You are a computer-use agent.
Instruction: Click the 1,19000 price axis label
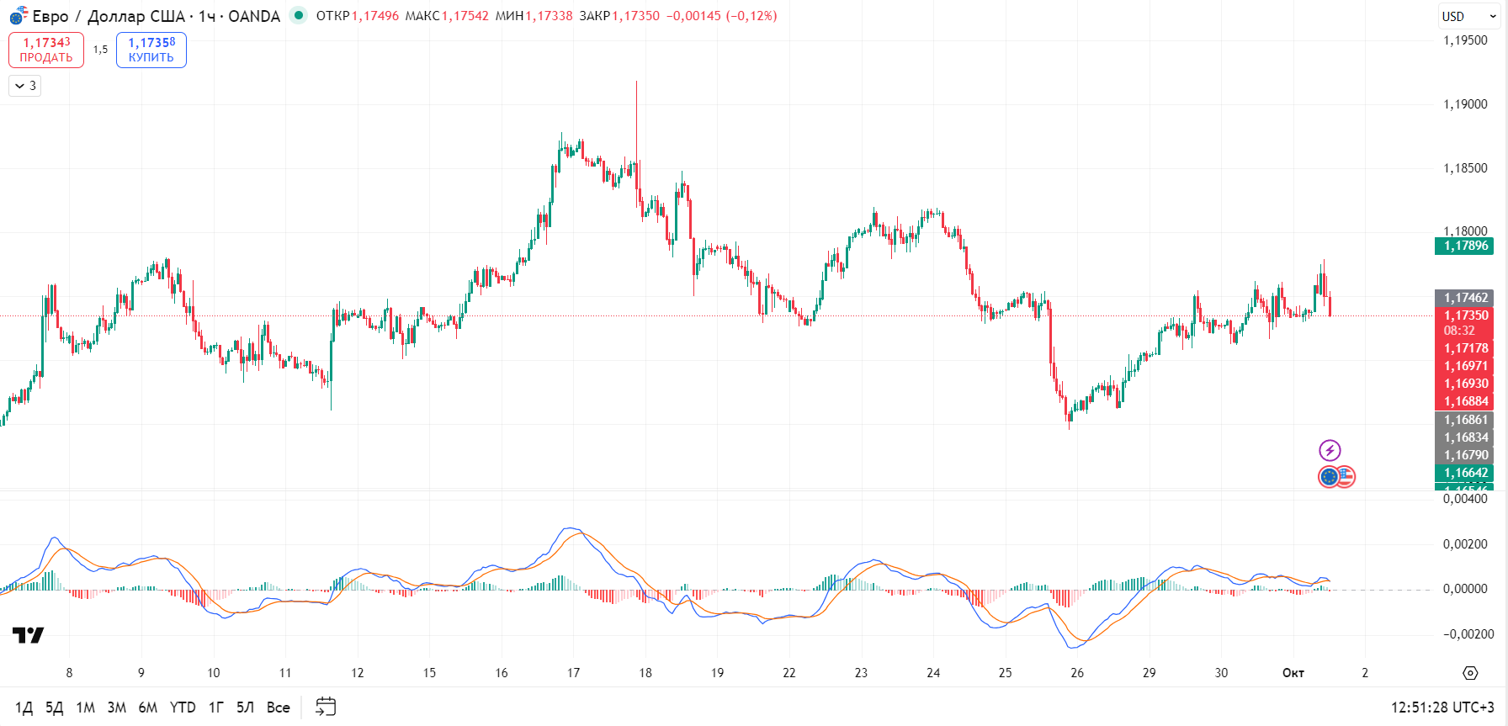(x=1465, y=104)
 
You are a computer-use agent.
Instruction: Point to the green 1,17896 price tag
(x=1464, y=246)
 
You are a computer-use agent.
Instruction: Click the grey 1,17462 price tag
(x=1464, y=298)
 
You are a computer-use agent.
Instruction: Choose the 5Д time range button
(x=55, y=707)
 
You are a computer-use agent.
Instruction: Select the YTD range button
(x=183, y=707)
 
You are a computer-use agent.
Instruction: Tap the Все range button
(x=278, y=707)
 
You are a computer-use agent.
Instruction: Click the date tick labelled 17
(x=573, y=673)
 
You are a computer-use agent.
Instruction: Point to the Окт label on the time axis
(x=1293, y=673)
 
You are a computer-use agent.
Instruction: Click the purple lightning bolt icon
(x=1330, y=450)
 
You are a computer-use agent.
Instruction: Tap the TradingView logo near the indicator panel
(x=28, y=635)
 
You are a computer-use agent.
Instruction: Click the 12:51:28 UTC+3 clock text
(x=1442, y=707)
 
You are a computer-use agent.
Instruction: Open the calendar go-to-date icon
(x=326, y=707)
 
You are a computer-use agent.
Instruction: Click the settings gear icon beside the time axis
(x=1470, y=673)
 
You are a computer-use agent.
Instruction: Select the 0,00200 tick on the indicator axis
(x=1465, y=544)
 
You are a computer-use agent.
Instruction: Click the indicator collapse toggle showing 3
(x=25, y=86)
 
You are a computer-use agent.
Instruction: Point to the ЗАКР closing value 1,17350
(x=635, y=16)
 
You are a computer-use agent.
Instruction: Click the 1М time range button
(x=86, y=707)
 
